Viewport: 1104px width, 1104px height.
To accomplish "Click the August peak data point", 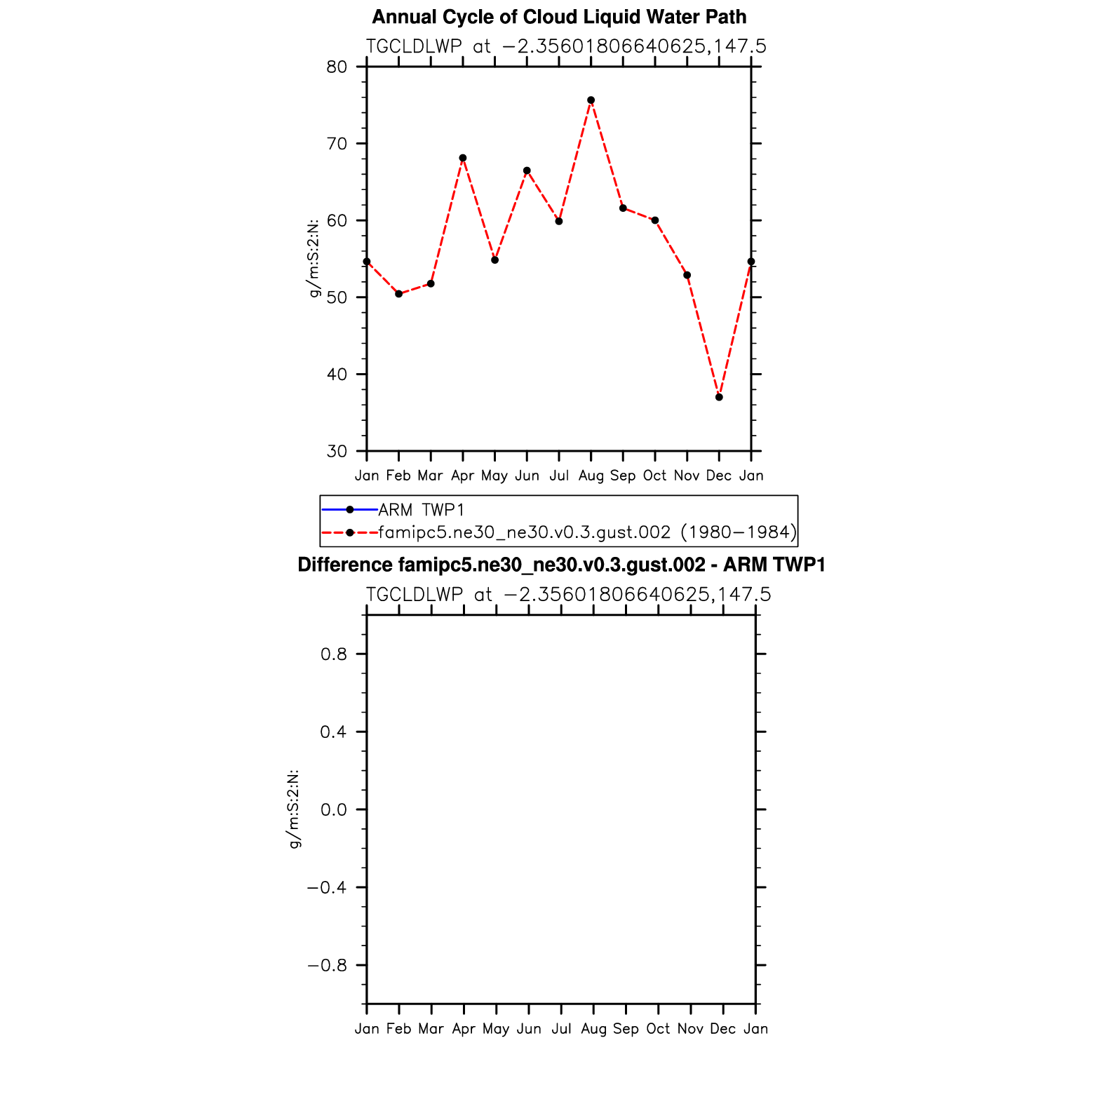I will pos(591,100).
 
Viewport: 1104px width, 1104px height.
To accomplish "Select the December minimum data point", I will pos(719,397).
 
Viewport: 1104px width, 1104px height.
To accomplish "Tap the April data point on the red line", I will pos(463,158).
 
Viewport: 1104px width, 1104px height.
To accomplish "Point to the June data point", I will pos(527,170).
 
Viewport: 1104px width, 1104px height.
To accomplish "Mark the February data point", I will pos(398,294).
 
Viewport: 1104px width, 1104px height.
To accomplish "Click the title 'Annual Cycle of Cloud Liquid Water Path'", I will pos(559,17).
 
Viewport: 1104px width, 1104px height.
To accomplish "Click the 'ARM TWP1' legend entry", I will pos(421,510).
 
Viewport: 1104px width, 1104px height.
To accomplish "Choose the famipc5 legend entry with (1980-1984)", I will pos(587,532).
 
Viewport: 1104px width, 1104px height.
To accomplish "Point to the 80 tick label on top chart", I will pos(337,67).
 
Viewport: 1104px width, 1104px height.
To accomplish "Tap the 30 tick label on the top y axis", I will pos(337,451).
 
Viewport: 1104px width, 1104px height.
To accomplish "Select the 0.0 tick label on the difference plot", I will pos(333,809).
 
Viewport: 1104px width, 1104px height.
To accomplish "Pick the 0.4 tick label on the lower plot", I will pos(333,732).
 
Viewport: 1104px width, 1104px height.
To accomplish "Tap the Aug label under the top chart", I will pos(591,476).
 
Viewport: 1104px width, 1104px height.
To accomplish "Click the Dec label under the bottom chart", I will pos(722,1029).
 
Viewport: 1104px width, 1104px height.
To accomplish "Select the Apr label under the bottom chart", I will pos(464,1029).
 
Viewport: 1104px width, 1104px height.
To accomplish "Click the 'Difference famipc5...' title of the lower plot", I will pos(561,565).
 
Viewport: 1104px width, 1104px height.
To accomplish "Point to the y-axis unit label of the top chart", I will pos(314,258).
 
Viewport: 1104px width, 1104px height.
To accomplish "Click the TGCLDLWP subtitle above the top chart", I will pos(566,46).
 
